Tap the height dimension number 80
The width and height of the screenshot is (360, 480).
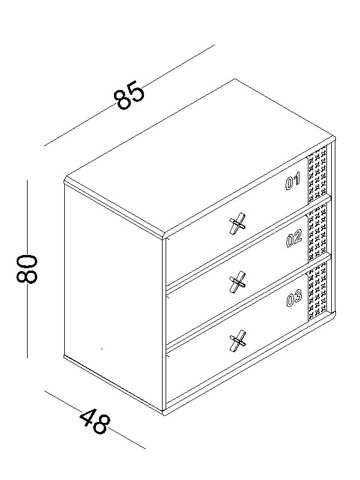(28, 268)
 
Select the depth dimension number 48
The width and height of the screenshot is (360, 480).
(94, 422)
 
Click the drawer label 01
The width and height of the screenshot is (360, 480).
(292, 182)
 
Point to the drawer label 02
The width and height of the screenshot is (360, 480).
(293, 240)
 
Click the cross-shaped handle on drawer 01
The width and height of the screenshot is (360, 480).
(238, 224)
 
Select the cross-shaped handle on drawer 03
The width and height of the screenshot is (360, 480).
(238, 341)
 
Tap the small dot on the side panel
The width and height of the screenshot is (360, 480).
(102, 348)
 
